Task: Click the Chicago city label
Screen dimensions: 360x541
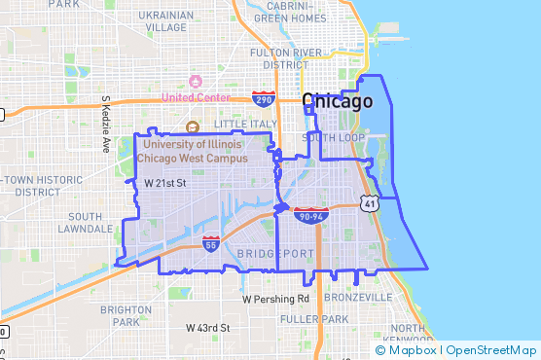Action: tap(338, 101)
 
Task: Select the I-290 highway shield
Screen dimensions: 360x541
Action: tap(263, 98)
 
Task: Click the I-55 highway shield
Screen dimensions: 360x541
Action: tap(211, 243)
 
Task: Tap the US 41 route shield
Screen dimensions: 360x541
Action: tap(368, 203)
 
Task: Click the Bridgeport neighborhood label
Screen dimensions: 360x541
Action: tap(275, 253)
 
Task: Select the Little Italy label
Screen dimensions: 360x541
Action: tap(245, 125)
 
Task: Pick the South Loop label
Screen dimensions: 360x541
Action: tap(333, 137)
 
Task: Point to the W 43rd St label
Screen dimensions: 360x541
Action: tap(207, 329)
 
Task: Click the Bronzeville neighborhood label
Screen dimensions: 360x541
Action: tap(359, 297)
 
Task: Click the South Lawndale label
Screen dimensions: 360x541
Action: tap(86, 223)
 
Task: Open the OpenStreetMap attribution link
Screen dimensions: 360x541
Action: tap(492, 350)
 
